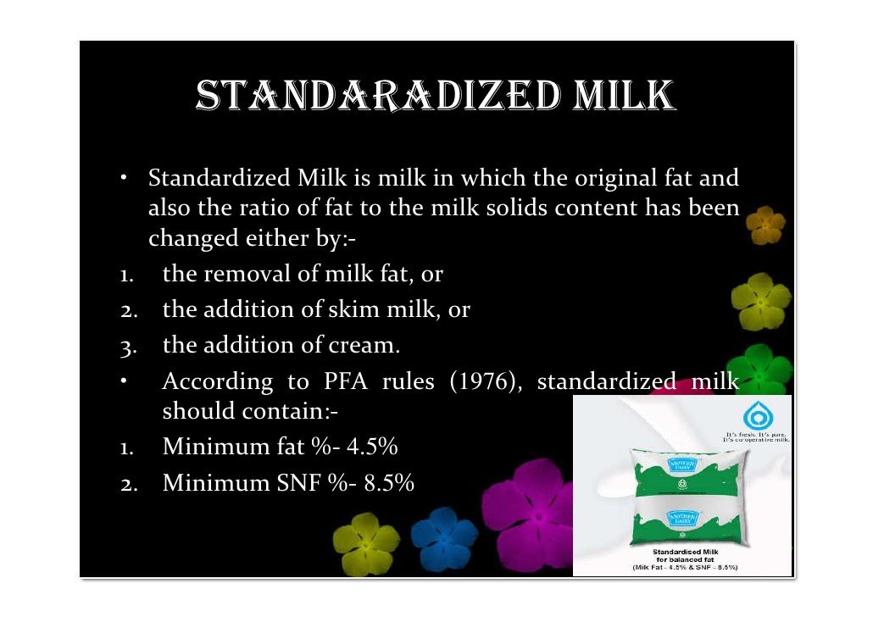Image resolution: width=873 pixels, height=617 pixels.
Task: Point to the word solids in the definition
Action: pos(540,209)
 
